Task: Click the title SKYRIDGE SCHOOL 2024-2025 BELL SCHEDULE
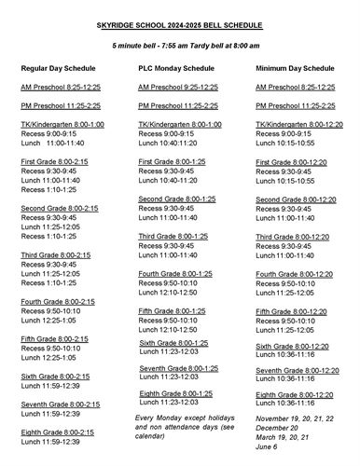[x=179, y=27]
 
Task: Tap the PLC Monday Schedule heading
[x=179, y=69]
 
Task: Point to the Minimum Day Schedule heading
[x=294, y=69]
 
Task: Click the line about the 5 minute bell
[x=179, y=46]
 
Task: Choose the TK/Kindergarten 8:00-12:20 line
[x=296, y=124]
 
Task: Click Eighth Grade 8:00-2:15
[x=58, y=432]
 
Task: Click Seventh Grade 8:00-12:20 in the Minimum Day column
[x=296, y=370]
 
